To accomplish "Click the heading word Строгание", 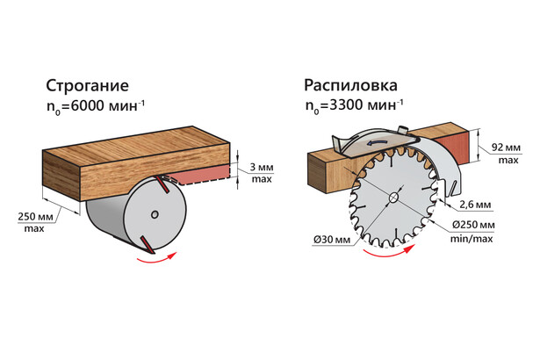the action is (x=87, y=85).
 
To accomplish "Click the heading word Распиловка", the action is (x=350, y=85).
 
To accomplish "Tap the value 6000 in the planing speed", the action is (x=87, y=105).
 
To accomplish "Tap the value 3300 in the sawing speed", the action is (x=346, y=104).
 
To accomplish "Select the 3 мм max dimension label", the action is (x=262, y=173).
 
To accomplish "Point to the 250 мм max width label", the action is (x=35, y=222).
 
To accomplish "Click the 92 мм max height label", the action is (x=507, y=154).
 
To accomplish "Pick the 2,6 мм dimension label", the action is (x=475, y=205).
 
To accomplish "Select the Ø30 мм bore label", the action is (x=332, y=239).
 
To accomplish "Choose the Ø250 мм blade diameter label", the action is (x=473, y=225).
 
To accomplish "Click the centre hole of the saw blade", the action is (x=393, y=198).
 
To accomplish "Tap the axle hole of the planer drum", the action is (x=155, y=214).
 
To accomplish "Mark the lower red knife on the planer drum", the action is (x=147, y=245).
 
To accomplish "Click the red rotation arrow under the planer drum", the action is (x=156, y=258).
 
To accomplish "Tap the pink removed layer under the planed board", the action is (x=201, y=174).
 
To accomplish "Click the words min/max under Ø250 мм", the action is (x=472, y=239).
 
